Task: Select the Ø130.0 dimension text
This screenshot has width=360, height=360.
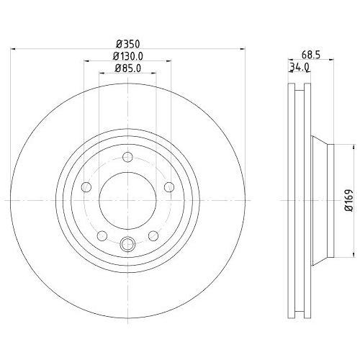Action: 127,56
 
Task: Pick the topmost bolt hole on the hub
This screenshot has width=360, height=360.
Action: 127,158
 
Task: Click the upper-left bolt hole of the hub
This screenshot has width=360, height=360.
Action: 86,187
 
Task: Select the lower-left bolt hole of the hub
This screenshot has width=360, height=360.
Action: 102,235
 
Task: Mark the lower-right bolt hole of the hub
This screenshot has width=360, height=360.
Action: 153,235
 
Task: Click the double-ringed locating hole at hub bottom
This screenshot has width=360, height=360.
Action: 127,243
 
